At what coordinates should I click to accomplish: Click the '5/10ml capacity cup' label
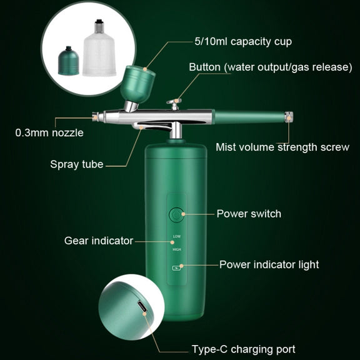(x=243, y=42)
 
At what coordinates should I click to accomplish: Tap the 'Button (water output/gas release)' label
(x=271, y=67)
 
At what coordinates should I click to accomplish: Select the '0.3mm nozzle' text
(x=49, y=133)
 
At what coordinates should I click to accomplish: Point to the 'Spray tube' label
(x=77, y=164)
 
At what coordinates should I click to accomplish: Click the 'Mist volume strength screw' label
(x=282, y=147)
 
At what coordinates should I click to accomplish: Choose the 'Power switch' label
(x=249, y=214)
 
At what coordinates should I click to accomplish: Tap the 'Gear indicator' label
(x=99, y=241)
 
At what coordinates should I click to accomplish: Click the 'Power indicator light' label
(x=269, y=265)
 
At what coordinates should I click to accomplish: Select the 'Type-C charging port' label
(x=244, y=349)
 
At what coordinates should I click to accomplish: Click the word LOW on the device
(x=177, y=236)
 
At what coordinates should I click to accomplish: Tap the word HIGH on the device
(x=177, y=249)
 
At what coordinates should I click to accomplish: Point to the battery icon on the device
(x=176, y=268)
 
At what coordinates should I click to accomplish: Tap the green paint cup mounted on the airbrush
(x=137, y=84)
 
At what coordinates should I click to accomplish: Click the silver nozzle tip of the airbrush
(x=96, y=117)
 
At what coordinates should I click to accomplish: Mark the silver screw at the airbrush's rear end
(x=289, y=117)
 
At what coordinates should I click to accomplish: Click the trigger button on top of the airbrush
(x=174, y=104)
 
